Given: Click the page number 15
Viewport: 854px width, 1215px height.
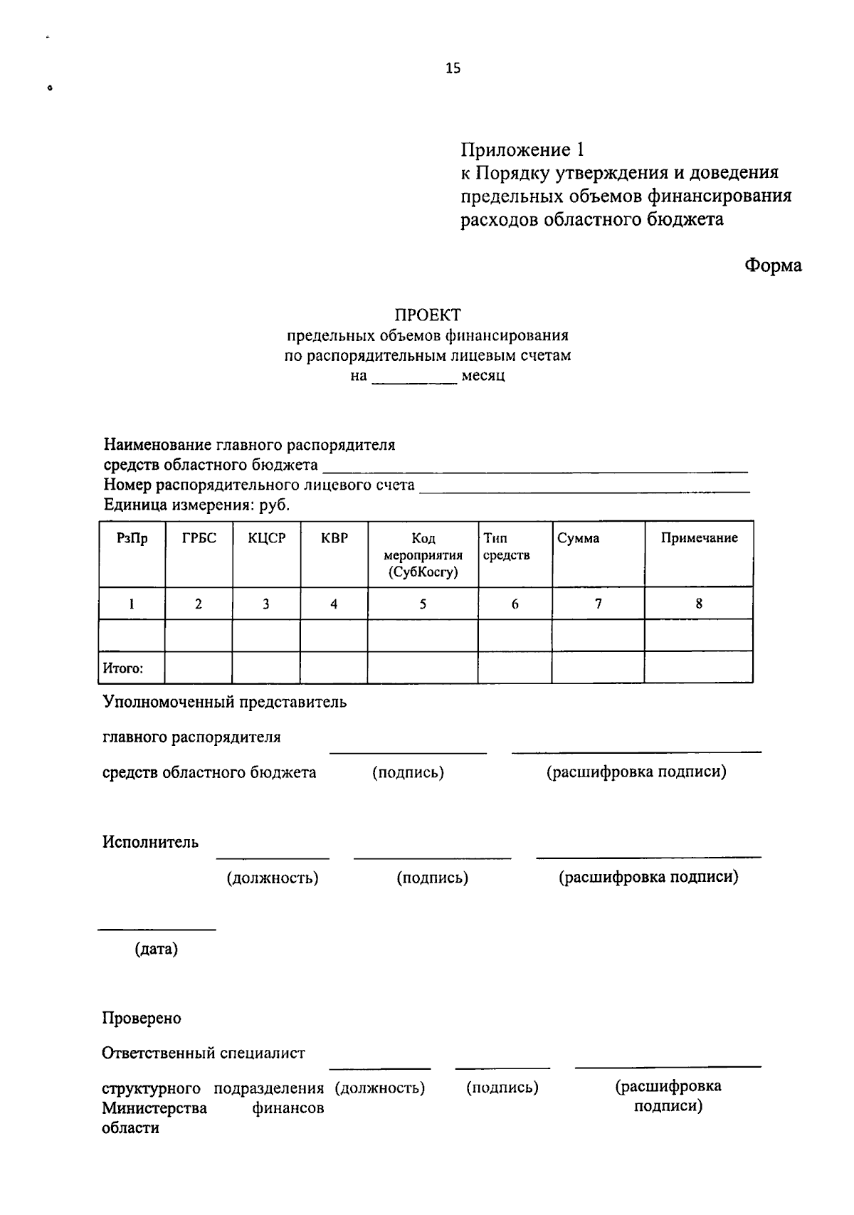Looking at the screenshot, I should tap(453, 68).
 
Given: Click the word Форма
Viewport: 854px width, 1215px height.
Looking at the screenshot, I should tap(773, 265).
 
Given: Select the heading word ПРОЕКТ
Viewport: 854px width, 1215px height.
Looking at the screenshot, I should tap(428, 315).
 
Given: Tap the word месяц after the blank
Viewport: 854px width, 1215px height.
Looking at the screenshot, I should tap(483, 375).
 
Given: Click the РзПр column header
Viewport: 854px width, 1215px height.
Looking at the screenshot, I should tap(132, 539).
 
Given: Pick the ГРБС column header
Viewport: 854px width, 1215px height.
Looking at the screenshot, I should tap(199, 539).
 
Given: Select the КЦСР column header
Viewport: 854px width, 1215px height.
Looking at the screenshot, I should tap(266, 539).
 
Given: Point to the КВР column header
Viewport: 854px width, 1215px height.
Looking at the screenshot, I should tap(334, 539).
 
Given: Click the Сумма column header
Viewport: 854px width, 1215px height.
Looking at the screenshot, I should tap(579, 539).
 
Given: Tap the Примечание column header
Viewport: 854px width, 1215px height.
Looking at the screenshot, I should tap(699, 539).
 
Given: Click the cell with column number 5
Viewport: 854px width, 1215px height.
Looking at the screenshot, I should tap(423, 604).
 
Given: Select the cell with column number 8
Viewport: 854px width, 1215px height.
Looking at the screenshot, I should tap(699, 604).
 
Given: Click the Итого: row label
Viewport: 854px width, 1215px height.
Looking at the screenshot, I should tap(124, 668).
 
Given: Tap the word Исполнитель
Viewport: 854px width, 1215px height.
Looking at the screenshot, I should tap(150, 843).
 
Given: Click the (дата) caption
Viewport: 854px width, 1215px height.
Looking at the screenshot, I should tap(157, 949).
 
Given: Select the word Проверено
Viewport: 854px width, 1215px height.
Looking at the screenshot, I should tap(142, 1019).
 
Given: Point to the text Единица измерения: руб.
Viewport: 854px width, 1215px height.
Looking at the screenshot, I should tap(197, 506).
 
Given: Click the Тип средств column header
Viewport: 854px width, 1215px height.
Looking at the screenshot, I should tap(506, 547).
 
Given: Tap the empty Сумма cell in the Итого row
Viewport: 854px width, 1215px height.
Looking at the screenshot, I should tap(598, 668).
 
